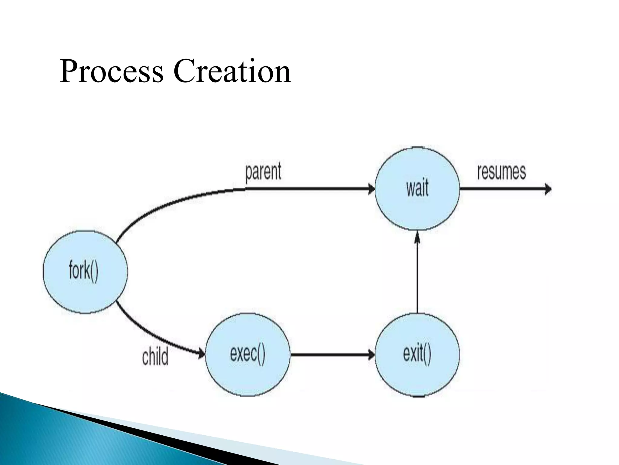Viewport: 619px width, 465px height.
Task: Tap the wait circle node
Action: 417,206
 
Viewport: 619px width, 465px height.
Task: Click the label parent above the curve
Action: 263,171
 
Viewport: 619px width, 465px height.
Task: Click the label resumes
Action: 501,171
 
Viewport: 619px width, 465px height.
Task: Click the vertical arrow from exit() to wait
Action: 417,275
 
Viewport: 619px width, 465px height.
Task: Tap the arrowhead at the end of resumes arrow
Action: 548,190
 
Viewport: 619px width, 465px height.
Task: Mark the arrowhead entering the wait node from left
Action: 371,189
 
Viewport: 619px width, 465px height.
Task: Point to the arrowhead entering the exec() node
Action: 201,353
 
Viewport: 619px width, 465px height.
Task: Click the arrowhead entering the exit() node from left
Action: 371,355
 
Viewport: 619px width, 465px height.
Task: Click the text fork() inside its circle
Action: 83,271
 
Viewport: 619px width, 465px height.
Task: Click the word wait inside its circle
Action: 417,188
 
